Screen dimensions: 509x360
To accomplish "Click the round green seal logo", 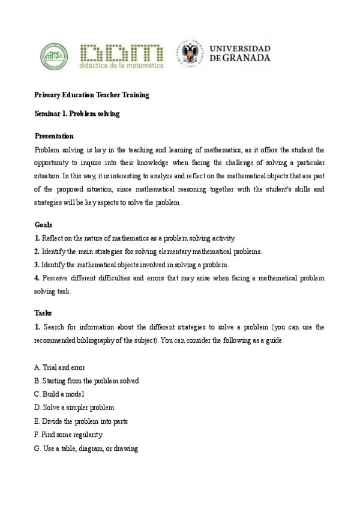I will [53, 56].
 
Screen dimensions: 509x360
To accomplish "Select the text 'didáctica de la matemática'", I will [121, 66].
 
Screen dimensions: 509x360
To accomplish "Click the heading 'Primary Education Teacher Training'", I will [92, 95].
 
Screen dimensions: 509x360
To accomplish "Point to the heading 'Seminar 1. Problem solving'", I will [77, 113].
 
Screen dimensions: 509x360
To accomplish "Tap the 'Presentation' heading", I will [54, 136].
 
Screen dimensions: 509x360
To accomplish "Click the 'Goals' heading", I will [43, 225].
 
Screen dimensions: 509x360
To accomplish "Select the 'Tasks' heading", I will [43, 313].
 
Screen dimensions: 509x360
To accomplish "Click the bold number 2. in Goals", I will [37, 251].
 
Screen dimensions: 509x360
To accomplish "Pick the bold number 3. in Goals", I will [37, 265].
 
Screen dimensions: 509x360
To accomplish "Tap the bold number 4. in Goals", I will [37, 278].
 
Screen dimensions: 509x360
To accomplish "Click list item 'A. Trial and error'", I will [60, 367].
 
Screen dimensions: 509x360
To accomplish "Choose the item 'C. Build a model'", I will [59, 394].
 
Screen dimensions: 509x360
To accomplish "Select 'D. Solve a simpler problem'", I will [74, 408].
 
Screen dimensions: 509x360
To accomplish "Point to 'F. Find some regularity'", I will [68, 435].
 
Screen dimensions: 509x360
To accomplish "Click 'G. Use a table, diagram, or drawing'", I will [86, 448].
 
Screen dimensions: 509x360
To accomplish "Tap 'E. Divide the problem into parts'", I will [81, 421].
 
